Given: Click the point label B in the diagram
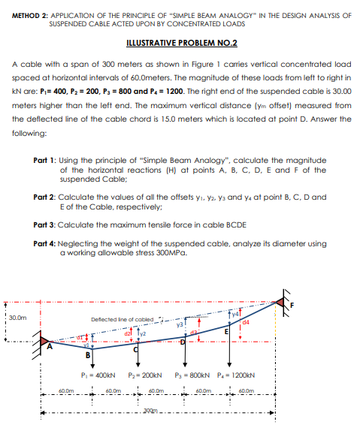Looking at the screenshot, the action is point(89,355).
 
